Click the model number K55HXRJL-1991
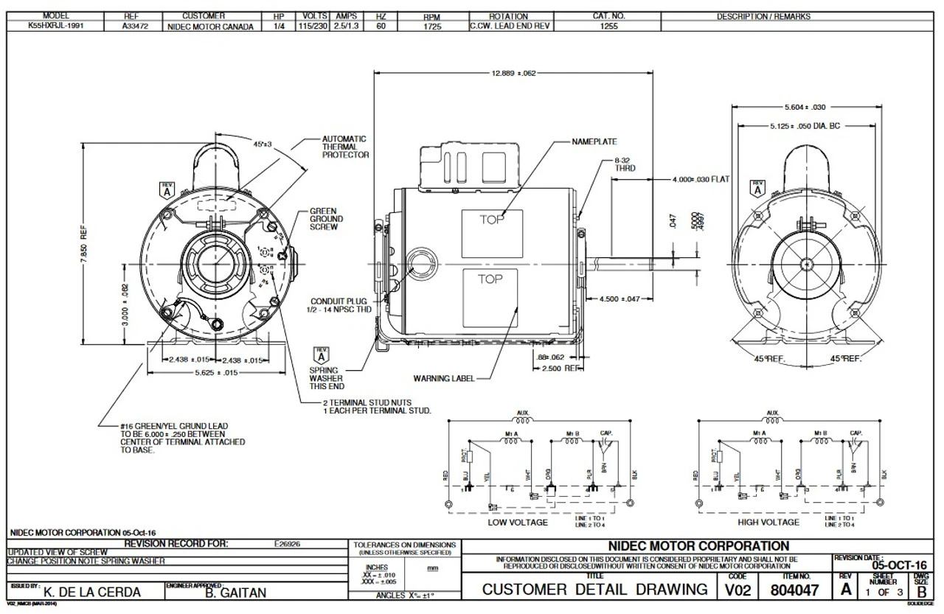point(56,27)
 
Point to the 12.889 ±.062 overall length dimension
point(513,73)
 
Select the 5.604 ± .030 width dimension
point(804,107)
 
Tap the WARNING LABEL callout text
point(443,379)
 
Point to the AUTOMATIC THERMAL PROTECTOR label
point(344,147)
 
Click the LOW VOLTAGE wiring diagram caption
point(518,522)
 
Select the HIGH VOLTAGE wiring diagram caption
point(768,522)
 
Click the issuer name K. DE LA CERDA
point(92,592)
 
